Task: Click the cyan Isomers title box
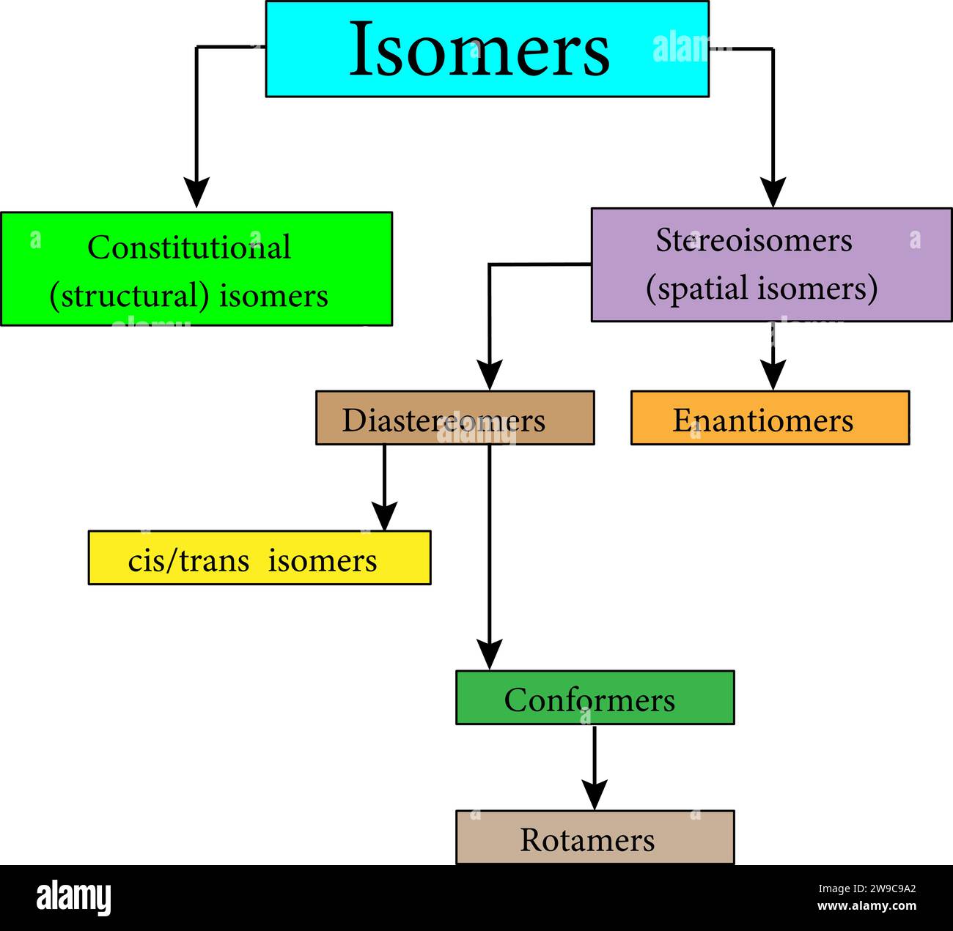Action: pyautogui.click(x=487, y=49)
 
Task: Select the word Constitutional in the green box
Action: pyautogui.click(x=189, y=248)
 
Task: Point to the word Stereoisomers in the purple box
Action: pyautogui.click(x=754, y=240)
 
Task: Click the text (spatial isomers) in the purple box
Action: pyautogui.click(x=762, y=288)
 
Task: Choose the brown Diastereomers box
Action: pyautogui.click(x=455, y=418)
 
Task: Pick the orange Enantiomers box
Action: pyautogui.click(x=770, y=418)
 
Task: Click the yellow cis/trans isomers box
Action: pyautogui.click(x=259, y=558)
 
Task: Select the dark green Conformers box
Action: pyautogui.click(x=595, y=698)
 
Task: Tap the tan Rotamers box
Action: pyautogui.click(x=595, y=838)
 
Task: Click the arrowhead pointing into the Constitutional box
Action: pyautogui.click(x=196, y=192)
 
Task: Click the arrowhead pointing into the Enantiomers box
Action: pyautogui.click(x=773, y=374)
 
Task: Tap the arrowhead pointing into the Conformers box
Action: pyautogui.click(x=490, y=653)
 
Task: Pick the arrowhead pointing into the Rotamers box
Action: pyautogui.click(x=595, y=794)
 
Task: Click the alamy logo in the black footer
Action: pyautogui.click(x=74, y=898)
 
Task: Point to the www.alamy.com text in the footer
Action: pyautogui.click(x=866, y=906)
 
